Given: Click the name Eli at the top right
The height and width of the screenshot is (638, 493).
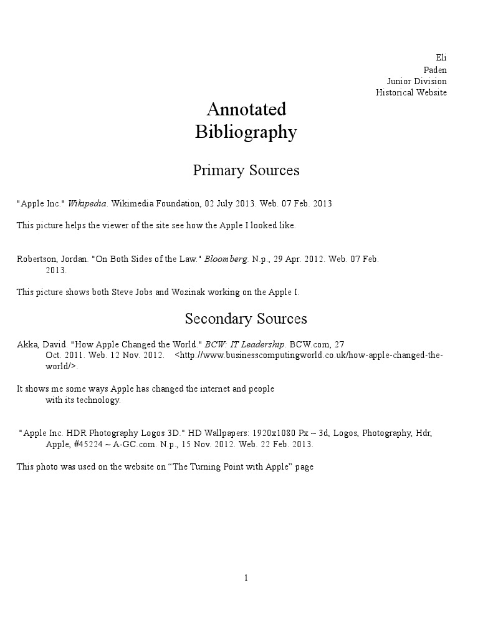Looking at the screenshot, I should pos(441,58).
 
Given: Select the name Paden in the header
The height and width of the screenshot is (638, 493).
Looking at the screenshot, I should pos(435,70).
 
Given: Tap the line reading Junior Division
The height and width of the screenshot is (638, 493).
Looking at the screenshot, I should pos(416,81).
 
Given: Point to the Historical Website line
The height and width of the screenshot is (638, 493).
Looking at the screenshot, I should pos(411,92).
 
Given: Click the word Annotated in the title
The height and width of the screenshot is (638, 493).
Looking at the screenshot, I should pos(246,109).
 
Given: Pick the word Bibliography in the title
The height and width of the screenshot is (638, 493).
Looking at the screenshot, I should pos(246,132).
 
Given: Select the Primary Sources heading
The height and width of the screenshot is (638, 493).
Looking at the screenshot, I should pos(246,170).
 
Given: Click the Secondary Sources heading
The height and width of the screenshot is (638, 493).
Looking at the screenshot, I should pos(246,319).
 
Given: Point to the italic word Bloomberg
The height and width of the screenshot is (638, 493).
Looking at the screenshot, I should pos(226,259).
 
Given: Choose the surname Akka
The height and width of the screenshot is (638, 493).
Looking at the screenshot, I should pos(27,344).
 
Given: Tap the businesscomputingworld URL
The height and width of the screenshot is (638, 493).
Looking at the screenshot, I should pos(309,355).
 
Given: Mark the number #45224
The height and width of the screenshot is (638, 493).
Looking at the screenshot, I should pos(88,445).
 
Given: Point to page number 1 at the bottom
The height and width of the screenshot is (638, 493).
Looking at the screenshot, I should pos(246,578).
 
